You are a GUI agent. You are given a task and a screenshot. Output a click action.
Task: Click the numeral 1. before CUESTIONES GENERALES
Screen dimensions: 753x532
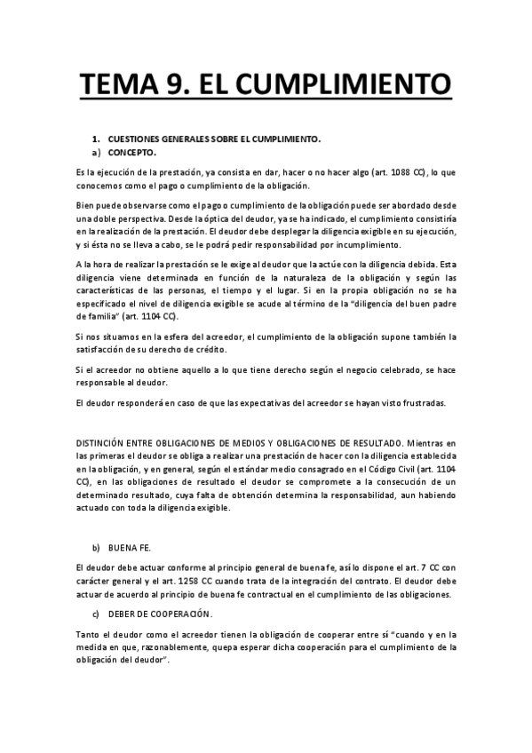coord(97,139)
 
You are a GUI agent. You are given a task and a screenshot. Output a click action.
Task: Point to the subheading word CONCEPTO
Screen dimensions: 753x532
coord(132,152)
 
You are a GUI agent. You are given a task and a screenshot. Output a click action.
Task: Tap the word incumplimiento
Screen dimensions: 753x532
coord(364,245)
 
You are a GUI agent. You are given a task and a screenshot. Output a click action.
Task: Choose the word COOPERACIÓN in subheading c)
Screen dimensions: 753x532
coord(181,614)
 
